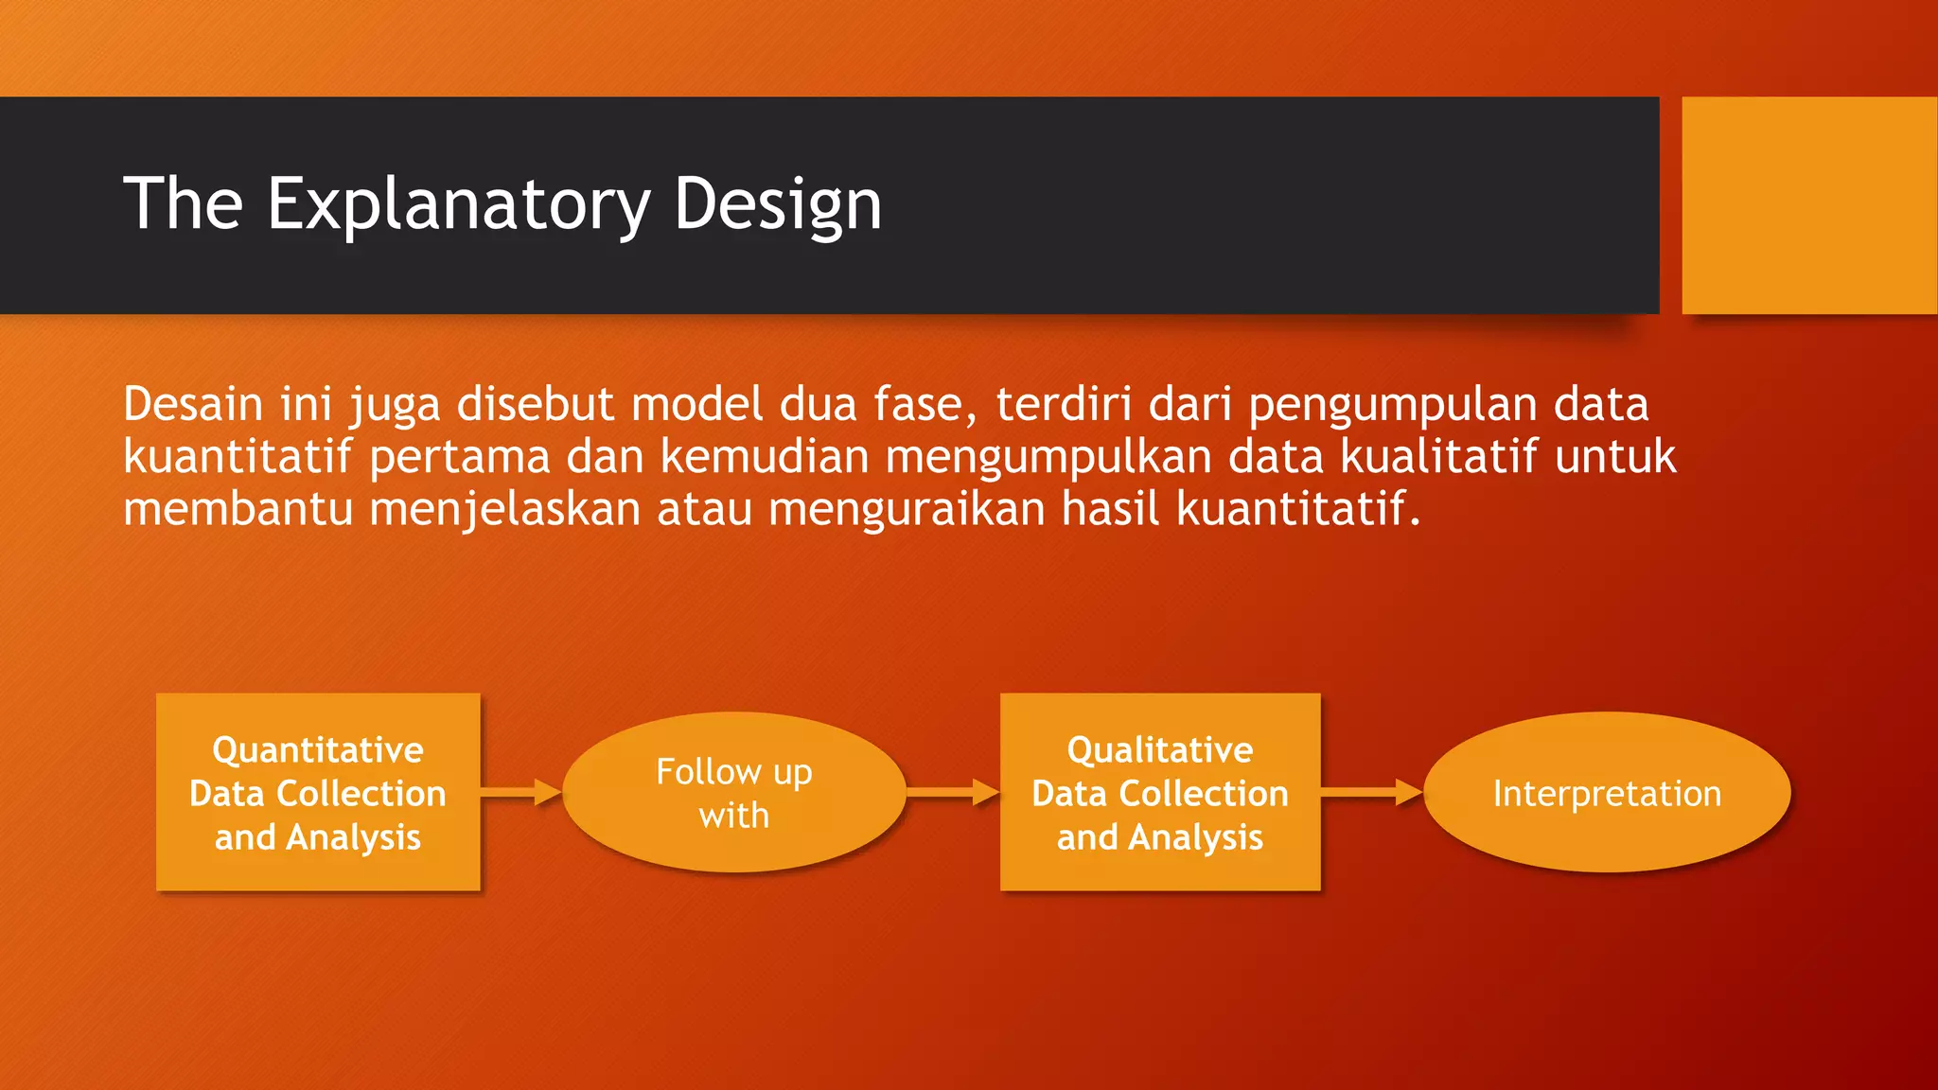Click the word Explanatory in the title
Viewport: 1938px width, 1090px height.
click(x=458, y=203)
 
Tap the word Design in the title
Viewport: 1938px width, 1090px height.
click(x=777, y=203)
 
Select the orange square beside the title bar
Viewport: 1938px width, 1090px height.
click(x=1808, y=204)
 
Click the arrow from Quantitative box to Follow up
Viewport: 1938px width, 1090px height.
click(x=520, y=792)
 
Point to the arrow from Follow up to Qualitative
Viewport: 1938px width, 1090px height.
click(x=952, y=792)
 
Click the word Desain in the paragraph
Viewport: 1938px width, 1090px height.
click(x=192, y=404)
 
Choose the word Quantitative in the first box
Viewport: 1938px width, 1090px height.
click(x=318, y=749)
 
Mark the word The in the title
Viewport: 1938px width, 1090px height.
click(x=184, y=203)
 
